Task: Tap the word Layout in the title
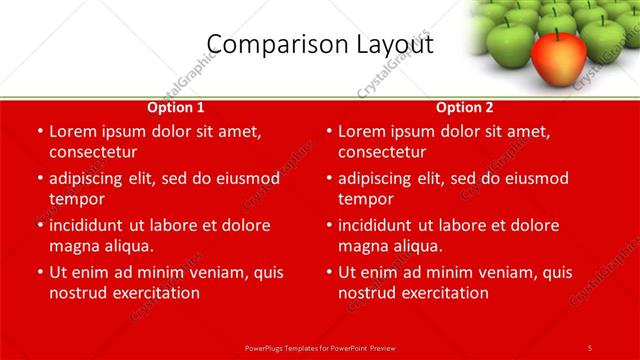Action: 389,45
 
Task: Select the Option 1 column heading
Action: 176,107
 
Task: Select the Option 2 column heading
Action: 465,107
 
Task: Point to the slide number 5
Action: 589,347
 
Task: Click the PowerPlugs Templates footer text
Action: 320,347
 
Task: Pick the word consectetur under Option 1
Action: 93,152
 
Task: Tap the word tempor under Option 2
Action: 367,199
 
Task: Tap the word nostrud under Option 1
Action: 78,293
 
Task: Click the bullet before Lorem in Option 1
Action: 39,131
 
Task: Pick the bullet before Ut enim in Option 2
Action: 328,272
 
